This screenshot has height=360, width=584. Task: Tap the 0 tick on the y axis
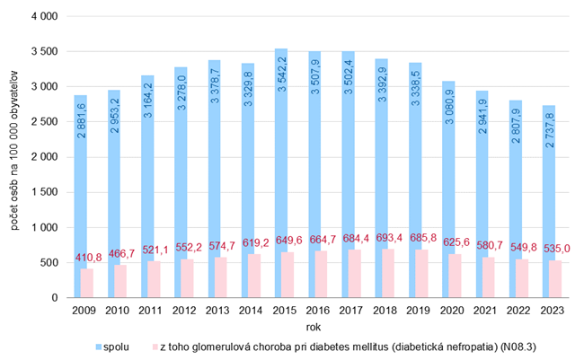[x=54, y=297]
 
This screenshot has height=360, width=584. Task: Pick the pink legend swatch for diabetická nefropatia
[x=155, y=346]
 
